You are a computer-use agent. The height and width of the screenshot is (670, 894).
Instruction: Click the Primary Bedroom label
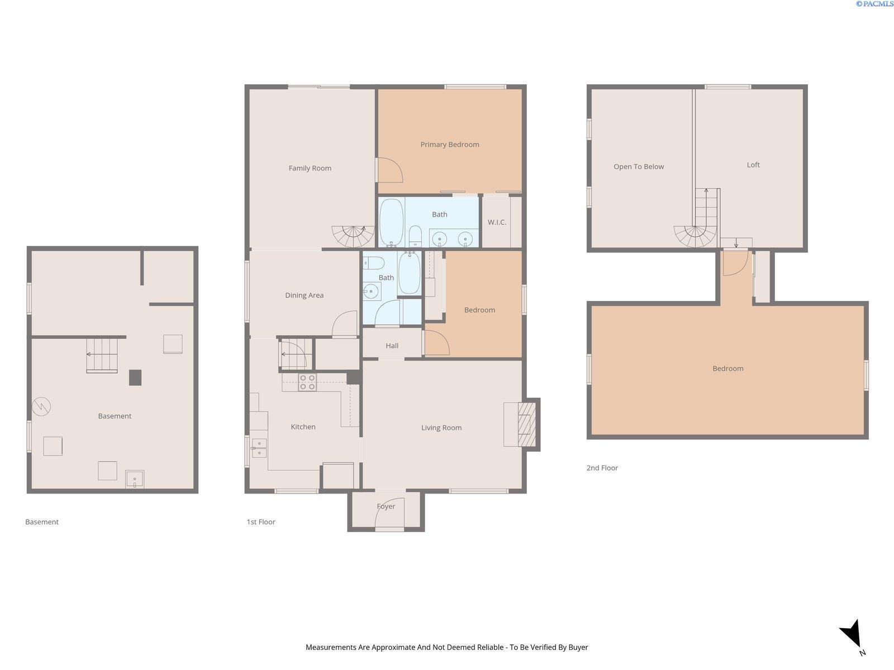(450, 145)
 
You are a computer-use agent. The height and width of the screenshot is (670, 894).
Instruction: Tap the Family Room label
(310, 168)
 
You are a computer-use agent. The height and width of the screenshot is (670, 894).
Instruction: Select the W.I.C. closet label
(497, 222)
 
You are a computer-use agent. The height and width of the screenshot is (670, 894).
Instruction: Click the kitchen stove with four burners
(307, 382)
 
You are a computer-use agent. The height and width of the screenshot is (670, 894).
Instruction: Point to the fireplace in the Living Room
(527, 424)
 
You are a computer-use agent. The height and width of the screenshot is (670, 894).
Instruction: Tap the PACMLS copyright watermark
(874, 4)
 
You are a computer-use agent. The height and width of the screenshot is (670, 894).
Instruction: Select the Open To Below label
(639, 166)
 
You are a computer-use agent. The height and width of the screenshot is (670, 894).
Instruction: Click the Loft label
(753, 165)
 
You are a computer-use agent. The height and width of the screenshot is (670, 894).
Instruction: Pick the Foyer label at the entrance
(386, 506)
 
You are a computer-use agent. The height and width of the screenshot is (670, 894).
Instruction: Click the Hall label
(392, 346)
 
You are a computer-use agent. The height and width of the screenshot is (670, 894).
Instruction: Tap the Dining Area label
(305, 295)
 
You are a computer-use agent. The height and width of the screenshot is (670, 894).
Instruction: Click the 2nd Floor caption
(602, 468)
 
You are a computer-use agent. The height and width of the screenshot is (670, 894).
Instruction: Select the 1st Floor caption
(261, 522)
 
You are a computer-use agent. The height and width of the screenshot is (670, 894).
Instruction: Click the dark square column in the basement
(135, 377)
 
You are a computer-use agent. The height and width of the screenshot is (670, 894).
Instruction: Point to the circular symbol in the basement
(41, 406)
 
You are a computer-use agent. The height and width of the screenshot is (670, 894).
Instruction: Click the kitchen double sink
(259, 448)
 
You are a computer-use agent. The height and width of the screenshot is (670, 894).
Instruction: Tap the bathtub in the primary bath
(392, 223)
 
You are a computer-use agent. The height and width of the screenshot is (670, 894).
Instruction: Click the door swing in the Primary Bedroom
(390, 170)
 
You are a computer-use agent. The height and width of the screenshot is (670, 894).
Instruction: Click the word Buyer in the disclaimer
(578, 647)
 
